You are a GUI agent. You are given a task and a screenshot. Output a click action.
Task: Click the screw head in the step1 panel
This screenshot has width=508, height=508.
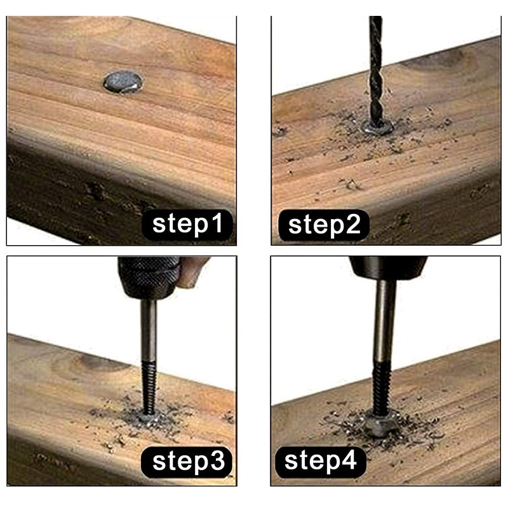(123, 82)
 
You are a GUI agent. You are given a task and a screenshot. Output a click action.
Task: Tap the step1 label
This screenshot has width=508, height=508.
(187, 225)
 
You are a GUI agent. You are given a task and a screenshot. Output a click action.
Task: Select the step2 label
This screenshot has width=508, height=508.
(324, 225)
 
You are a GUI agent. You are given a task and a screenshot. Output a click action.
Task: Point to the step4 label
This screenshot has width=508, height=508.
(321, 462)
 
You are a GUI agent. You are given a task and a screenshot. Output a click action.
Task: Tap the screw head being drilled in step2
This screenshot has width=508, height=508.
(377, 128)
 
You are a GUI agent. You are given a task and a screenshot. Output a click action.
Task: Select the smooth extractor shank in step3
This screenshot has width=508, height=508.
(149, 330)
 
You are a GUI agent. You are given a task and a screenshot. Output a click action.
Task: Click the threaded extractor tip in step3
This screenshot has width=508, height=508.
(149, 387)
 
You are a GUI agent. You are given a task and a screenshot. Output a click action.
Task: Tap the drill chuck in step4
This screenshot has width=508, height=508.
(388, 268)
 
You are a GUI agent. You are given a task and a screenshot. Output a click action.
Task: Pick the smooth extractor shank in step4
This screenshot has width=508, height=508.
(385, 321)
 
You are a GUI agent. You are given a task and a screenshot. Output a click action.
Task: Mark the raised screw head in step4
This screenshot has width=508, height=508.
(381, 424)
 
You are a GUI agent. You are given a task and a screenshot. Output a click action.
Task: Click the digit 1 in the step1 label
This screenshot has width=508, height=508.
(217, 223)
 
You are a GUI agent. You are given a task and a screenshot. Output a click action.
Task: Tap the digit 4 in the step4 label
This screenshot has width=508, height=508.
(349, 460)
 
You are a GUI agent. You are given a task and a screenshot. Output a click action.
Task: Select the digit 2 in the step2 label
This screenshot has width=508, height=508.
(352, 224)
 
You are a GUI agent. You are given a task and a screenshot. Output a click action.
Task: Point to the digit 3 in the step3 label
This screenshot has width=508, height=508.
(217, 461)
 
